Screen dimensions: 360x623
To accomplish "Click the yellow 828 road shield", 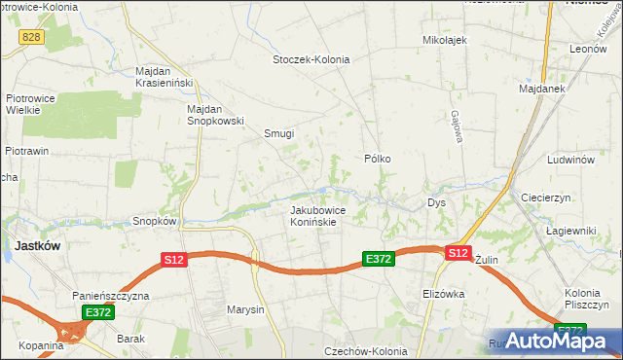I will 33,35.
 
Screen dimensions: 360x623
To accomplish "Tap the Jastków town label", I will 37,246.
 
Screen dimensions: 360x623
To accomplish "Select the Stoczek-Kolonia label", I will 311,59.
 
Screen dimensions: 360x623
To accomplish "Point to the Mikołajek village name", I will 445,40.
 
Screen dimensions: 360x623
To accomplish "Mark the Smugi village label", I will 279,134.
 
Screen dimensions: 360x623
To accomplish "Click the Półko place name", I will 378,158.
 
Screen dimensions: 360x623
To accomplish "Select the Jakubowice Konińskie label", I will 313,215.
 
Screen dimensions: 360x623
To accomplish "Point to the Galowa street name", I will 456,126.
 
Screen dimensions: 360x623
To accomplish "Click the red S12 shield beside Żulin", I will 458,253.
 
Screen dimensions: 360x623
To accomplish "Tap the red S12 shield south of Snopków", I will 173,260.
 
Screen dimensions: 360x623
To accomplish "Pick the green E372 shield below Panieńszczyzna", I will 97,312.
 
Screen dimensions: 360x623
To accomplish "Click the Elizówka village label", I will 444,294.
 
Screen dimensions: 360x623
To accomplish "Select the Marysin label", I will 245,310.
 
